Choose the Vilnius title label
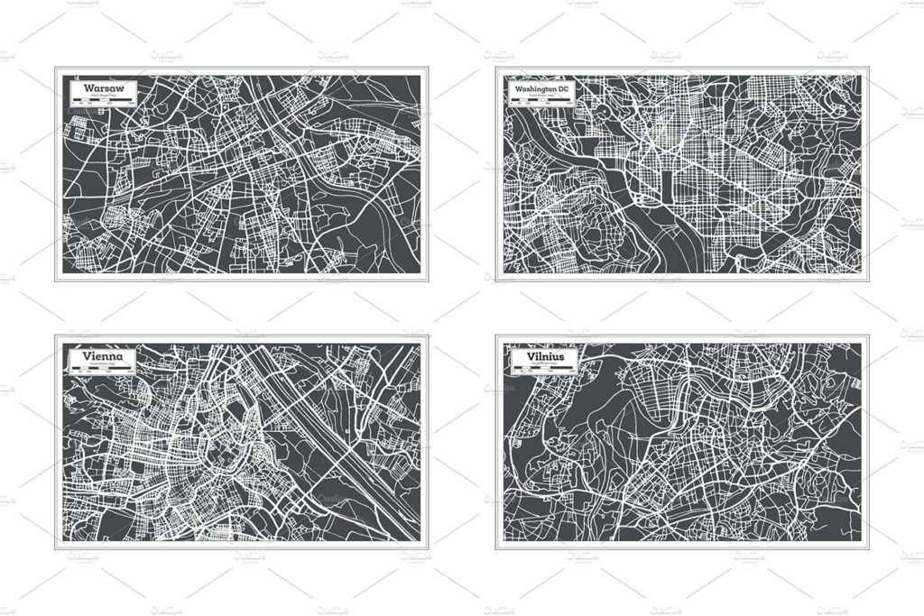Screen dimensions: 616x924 tap(539, 357)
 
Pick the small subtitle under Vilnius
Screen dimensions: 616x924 tap(539, 364)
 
